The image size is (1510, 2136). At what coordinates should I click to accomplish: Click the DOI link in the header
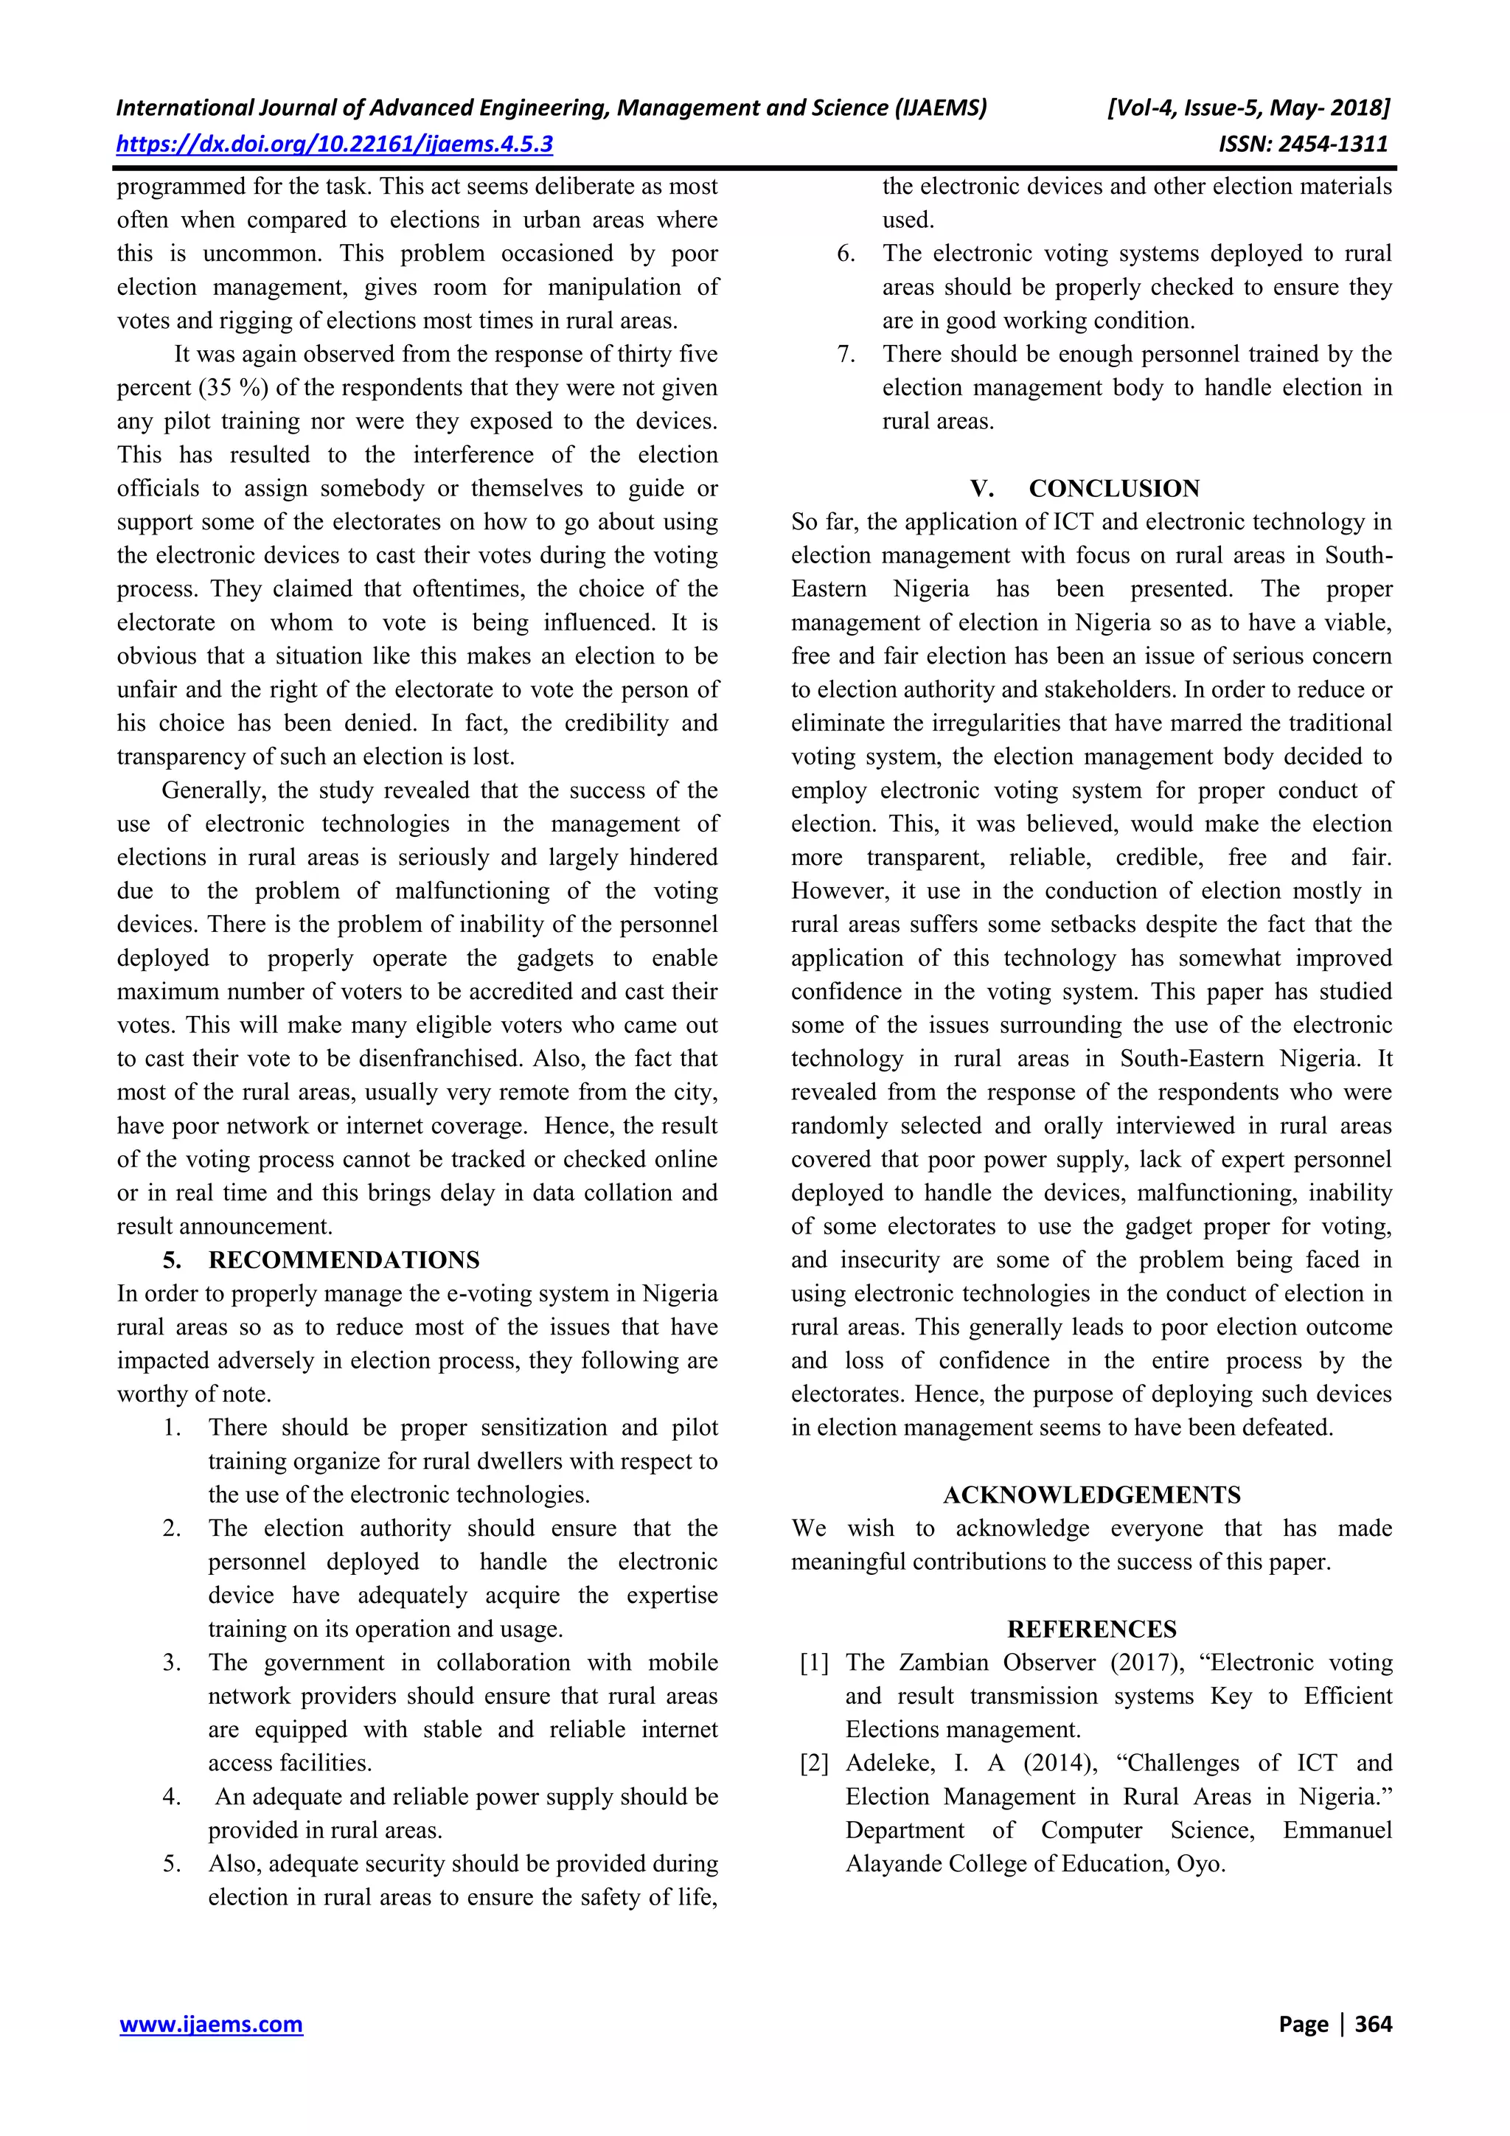(x=334, y=145)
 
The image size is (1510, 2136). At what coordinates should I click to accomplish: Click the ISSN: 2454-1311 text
(x=1303, y=145)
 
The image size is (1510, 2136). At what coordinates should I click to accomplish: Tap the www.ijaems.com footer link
(x=211, y=2023)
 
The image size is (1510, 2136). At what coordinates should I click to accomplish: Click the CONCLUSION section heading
(x=1113, y=488)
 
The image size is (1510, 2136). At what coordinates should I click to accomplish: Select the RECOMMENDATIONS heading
(x=344, y=1259)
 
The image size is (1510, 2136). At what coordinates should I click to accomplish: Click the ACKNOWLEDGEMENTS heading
(x=1091, y=1495)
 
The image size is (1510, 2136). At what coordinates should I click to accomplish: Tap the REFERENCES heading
(x=1091, y=1629)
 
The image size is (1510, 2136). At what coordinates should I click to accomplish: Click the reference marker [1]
(x=814, y=1663)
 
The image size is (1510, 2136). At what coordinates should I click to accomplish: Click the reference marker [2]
(x=814, y=1763)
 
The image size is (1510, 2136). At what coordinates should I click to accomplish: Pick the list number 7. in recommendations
(x=846, y=355)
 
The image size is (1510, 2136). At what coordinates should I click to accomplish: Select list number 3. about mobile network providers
(x=171, y=1663)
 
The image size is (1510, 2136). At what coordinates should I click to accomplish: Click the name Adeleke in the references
(x=888, y=1763)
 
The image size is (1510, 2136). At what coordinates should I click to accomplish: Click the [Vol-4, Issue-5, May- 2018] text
(x=1248, y=108)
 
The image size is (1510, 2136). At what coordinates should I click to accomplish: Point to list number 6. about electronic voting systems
(x=846, y=254)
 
